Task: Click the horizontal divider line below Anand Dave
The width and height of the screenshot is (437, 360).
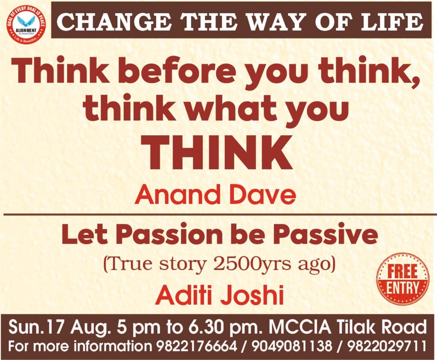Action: (x=220, y=215)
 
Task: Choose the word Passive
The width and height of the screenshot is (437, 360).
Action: (x=325, y=235)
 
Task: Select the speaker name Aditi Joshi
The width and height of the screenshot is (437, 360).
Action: (x=220, y=295)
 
